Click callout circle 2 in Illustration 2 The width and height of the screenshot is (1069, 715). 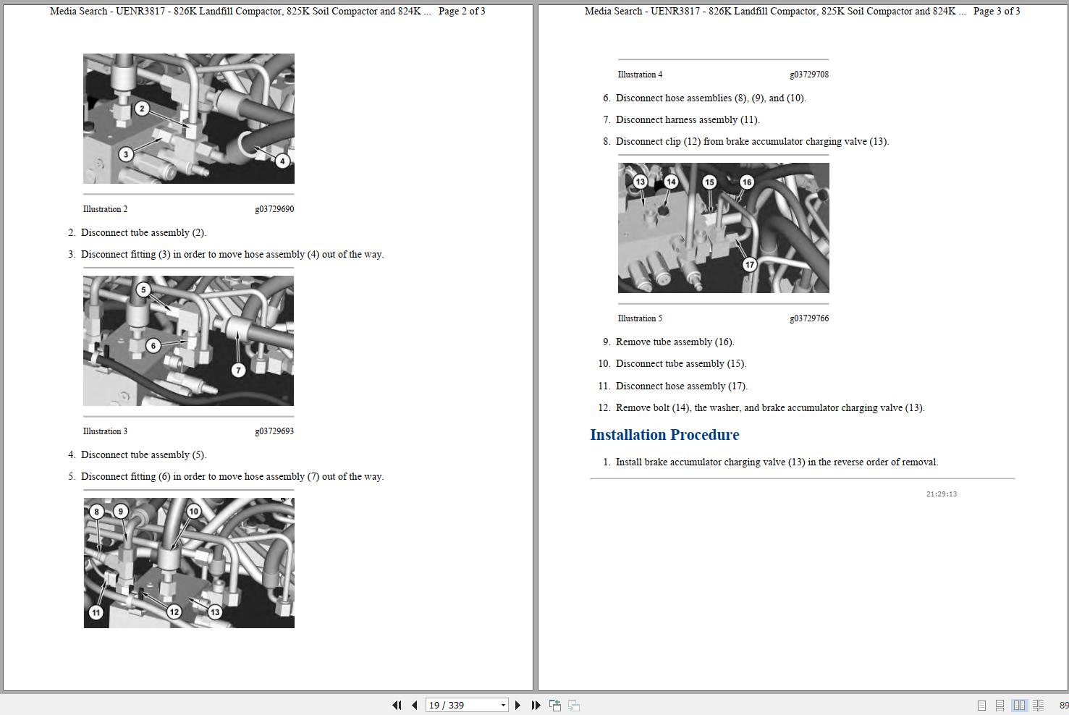142,109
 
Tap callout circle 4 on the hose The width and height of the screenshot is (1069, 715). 282,161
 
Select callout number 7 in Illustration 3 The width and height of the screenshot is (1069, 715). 238,370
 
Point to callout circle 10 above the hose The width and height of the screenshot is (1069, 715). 193,512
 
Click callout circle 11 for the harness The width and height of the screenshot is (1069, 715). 96,612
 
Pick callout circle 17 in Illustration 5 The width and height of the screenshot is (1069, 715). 750,264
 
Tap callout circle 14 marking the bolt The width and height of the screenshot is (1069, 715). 671,182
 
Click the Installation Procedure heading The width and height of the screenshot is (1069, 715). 664,434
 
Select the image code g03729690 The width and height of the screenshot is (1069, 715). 274,209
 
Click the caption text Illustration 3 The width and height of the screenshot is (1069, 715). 105,431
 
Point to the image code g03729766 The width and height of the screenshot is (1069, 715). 809,318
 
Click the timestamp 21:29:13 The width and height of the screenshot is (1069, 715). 942,494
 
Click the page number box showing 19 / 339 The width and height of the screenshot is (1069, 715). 466,705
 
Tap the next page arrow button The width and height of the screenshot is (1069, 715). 517,705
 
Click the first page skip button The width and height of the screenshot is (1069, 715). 396,705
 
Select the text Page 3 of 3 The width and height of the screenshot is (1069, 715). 997,11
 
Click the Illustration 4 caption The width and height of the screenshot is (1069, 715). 640,75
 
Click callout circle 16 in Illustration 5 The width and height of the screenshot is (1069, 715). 747,182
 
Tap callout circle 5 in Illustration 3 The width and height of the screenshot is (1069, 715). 143,289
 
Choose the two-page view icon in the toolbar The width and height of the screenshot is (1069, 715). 1019,705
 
